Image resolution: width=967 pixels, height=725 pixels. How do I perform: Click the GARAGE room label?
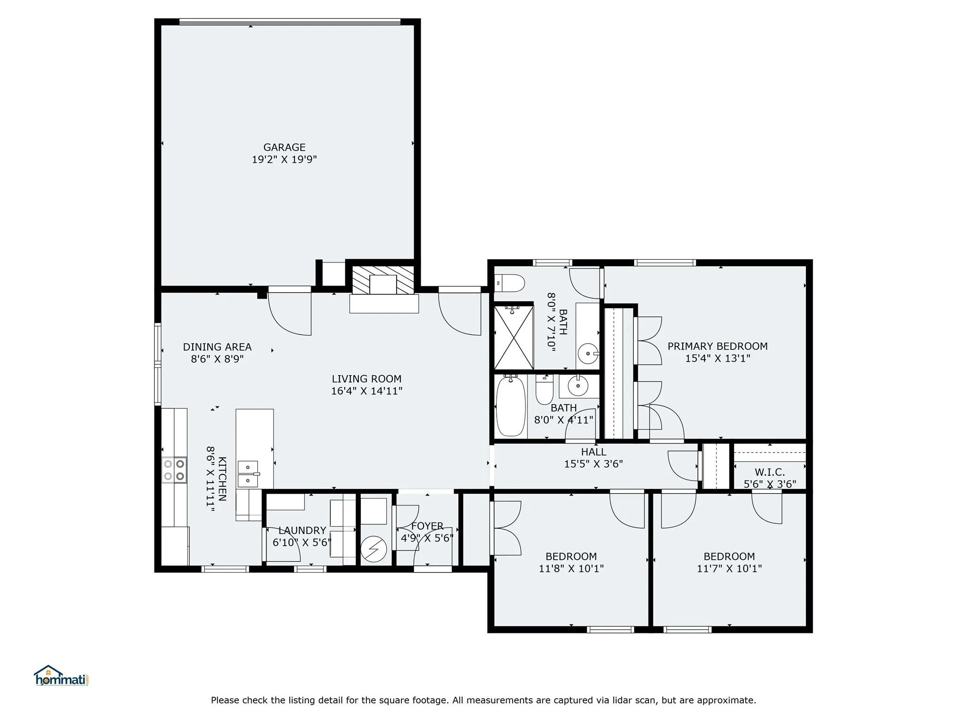pyautogui.click(x=284, y=147)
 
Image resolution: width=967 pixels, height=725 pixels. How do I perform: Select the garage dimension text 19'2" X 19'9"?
pyautogui.click(x=284, y=160)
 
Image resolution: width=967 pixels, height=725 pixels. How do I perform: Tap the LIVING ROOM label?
pyautogui.click(x=366, y=379)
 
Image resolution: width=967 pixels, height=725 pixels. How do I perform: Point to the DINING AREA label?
pyautogui.click(x=217, y=347)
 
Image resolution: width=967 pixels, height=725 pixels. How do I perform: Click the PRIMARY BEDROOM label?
pyautogui.click(x=717, y=346)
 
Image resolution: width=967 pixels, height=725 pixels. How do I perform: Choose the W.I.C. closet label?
pyautogui.click(x=770, y=472)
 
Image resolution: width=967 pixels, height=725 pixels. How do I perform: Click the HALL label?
pyautogui.click(x=594, y=452)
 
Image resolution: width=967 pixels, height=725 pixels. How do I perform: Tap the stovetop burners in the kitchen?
pyautogui.click(x=174, y=470)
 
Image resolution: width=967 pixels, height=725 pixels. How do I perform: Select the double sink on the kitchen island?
pyautogui.click(x=248, y=474)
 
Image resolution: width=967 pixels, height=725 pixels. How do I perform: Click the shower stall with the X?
pyautogui.click(x=513, y=337)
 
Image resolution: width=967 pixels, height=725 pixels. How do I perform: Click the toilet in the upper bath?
pyautogui.click(x=510, y=284)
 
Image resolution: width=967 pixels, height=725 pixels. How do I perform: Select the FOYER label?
pyautogui.click(x=427, y=526)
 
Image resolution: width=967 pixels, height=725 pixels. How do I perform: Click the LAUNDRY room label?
pyautogui.click(x=302, y=531)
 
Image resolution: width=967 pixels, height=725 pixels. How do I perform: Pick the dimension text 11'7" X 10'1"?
pyautogui.click(x=729, y=569)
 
